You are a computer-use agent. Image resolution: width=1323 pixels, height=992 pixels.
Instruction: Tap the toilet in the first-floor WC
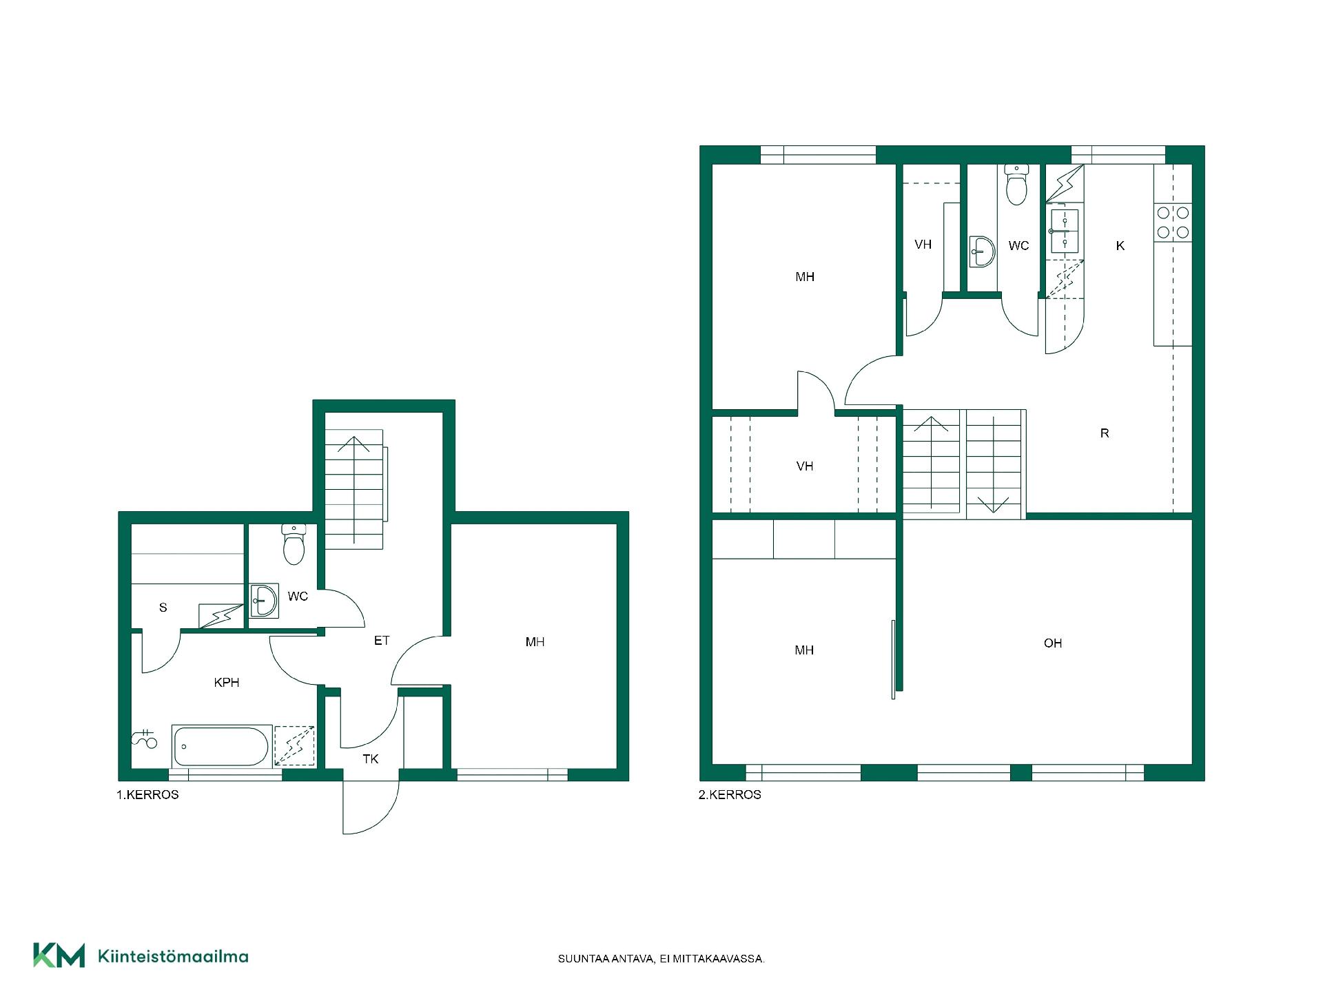(x=294, y=544)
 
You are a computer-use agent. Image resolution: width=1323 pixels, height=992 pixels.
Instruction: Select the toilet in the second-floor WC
(x=1016, y=184)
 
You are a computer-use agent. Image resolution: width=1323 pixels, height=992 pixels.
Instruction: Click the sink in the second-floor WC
(x=981, y=252)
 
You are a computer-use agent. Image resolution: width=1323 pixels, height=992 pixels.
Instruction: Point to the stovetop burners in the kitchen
(x=1173, y=223)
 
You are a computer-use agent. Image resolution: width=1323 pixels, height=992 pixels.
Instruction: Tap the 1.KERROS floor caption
(x=147, y=794)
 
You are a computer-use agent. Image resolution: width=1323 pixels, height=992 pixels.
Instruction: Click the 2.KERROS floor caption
(x=730, y=794)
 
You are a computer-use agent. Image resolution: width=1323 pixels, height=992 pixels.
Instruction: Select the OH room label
(x=1053, y=643)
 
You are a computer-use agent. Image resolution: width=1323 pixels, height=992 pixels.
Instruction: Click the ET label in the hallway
(x=382, y=641)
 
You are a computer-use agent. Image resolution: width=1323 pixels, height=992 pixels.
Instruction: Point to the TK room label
(x=371, y=759)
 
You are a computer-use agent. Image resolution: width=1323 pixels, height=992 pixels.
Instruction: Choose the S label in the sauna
(x=163, y=608)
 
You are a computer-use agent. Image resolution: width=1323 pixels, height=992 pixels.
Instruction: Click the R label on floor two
(x=1105, y=433)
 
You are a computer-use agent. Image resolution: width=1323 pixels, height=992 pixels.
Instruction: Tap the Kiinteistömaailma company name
(x=174, y=956)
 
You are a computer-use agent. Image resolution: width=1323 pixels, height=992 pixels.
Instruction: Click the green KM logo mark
(x=59, y=955)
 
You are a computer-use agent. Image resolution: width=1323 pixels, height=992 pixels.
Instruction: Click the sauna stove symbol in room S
(x=220, y=616)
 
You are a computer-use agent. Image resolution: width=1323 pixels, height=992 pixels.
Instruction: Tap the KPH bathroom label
(x=227, y=683)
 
